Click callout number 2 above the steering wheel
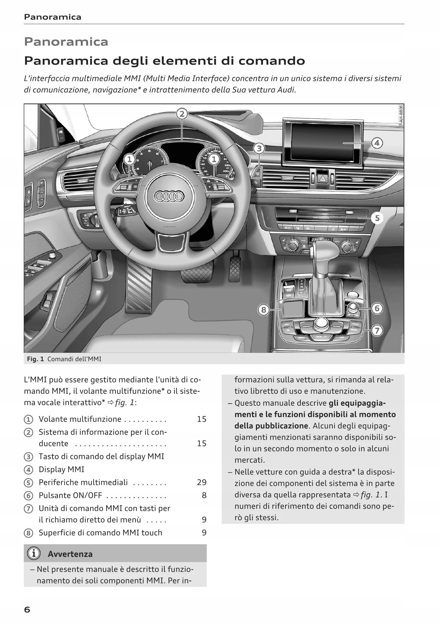(182, 114)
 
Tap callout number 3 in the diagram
(259, 149)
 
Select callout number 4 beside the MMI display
(377, 143)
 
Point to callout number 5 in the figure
(377, 218)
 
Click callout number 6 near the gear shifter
(377, 309)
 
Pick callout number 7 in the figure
(377, 331)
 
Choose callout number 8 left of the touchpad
(264, 310)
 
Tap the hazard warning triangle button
(322, 178)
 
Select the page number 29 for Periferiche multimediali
(202, 482)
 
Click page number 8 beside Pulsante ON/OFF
(204, 496)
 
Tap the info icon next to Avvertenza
(34, 554)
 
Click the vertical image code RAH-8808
(401, 115)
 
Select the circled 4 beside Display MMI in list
(28, 470)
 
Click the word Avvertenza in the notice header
(70, 554)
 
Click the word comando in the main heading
(271, 61)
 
